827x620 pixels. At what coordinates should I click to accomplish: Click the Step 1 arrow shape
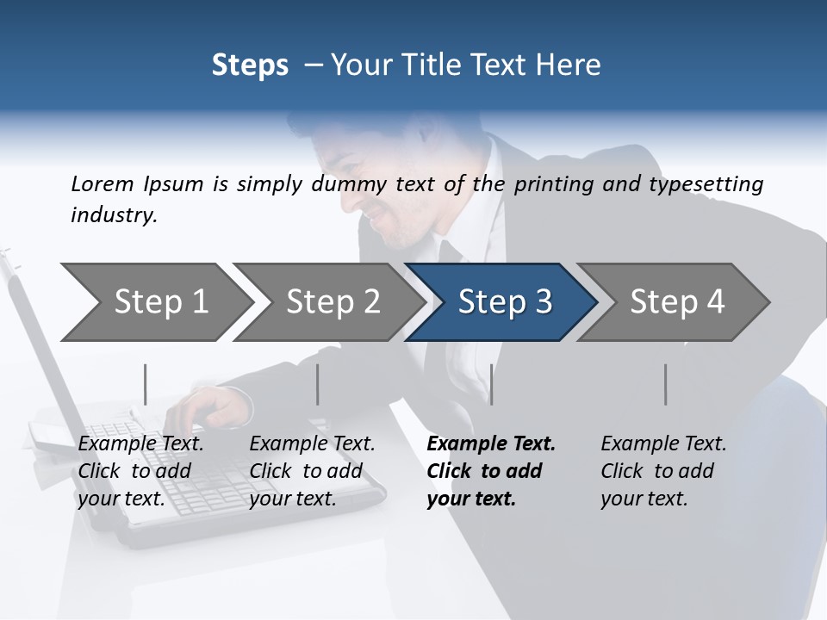[155, 302]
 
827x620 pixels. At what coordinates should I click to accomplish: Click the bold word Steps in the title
[250, 65]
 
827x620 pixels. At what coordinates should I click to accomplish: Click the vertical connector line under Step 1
[146, 384]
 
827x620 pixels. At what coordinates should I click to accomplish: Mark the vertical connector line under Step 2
[318, 384]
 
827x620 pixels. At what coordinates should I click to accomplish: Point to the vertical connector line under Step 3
[491, 384]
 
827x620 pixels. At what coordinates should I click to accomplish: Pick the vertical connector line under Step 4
[665, 384]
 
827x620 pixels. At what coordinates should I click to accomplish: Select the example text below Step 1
[140, 471]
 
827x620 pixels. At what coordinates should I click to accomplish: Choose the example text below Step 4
[662, 471]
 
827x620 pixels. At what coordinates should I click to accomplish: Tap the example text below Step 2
[311, 471]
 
